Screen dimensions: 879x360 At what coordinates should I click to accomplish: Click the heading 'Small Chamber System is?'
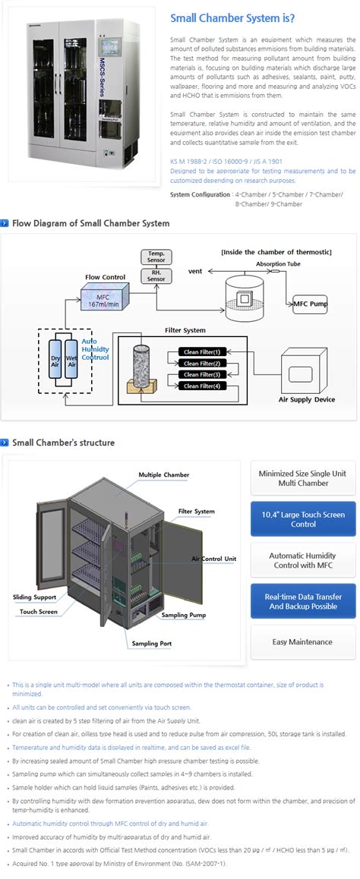pos(232,18)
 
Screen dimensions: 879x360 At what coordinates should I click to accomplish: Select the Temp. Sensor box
pos(156,255)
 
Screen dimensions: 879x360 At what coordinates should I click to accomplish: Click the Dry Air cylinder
pos(54,362)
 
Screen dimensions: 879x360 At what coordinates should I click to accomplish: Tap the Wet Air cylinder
pos(71,362)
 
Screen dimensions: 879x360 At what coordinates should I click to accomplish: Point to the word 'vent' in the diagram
pos(195,271)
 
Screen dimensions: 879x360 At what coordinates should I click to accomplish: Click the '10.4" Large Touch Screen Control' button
pos(303,518)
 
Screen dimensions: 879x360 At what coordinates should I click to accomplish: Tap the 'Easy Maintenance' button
pos(303,641)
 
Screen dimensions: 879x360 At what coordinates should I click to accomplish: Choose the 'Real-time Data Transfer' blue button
pos(303,601)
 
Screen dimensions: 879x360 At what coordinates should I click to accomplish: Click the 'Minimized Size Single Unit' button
pos(303,478)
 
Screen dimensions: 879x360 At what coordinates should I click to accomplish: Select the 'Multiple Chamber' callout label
pos(163,474)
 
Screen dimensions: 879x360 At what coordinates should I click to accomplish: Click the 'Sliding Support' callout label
pos(33,597)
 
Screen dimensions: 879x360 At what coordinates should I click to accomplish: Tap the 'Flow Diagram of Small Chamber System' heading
pos(90,223)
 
